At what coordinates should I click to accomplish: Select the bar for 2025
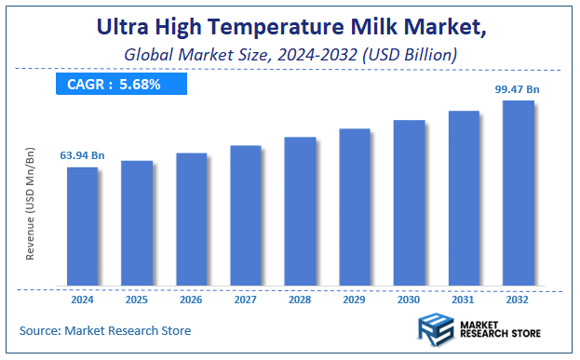click(137, 222)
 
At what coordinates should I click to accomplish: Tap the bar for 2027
click(246, 215)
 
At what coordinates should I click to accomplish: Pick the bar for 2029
click(355, 207)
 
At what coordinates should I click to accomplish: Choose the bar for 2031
click(464, 197)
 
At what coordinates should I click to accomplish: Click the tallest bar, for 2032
click(519, 193)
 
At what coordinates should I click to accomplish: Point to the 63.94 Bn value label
click(82, 155)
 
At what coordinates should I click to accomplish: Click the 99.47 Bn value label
click(517, 88)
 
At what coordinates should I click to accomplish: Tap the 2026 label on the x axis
click(191, 300)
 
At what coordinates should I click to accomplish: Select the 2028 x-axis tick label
click(300, 300)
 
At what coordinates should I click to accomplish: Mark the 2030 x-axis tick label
click(409, 300)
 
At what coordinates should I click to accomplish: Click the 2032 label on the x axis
click(519, 300)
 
